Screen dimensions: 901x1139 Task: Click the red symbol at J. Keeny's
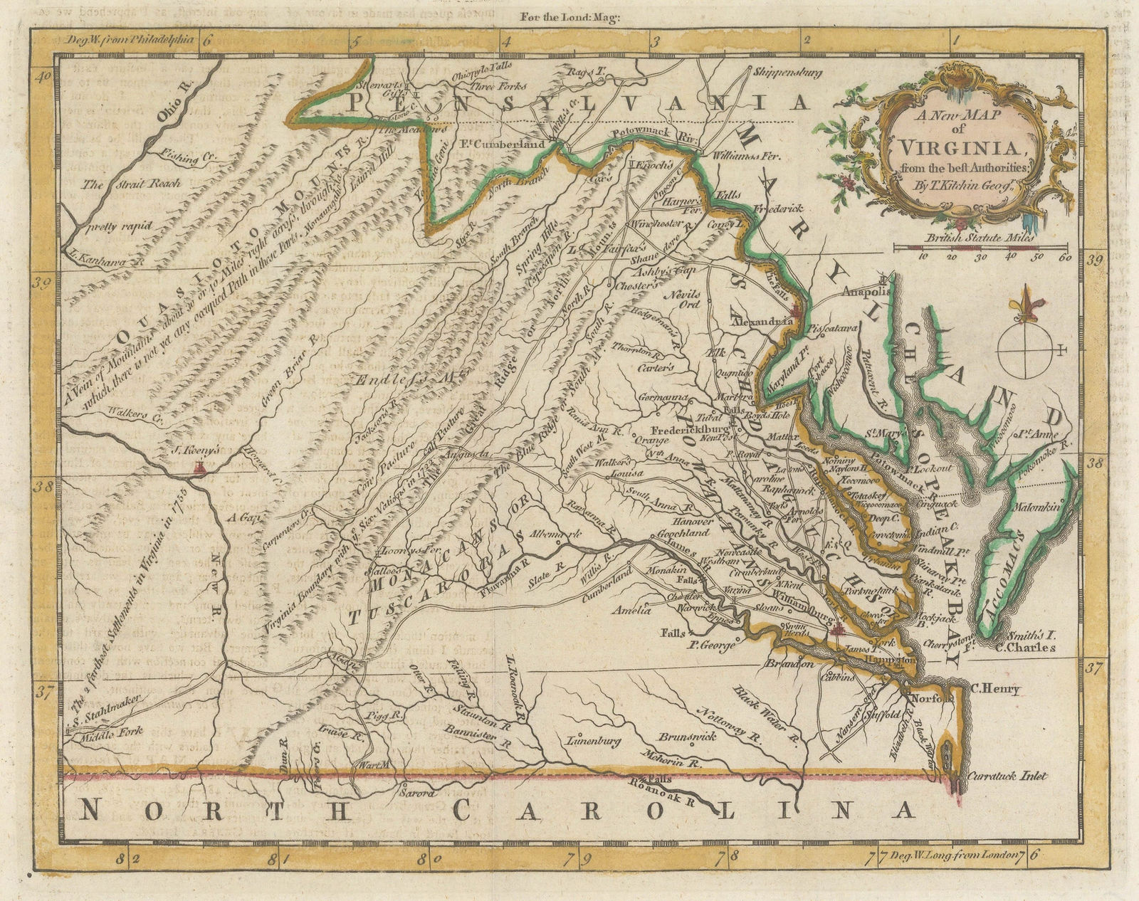coord(201,468)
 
